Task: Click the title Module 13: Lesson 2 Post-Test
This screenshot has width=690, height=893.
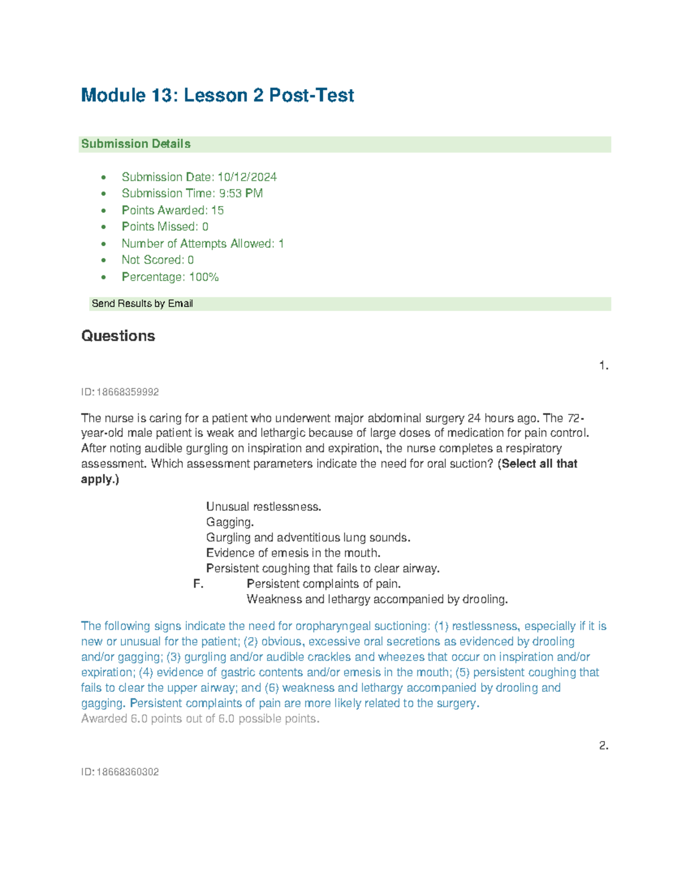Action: pyautogui.click(x=217, y=95)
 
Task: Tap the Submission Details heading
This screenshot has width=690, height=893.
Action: pyautogui.click(x=136, y=144)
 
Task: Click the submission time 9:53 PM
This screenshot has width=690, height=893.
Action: pyautogui.click(x=241, y=194)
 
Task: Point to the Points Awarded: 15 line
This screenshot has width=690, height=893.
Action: pyautogui.click(x=172, y=210)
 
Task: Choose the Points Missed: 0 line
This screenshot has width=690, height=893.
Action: pyautogui.click(x=165, y=227)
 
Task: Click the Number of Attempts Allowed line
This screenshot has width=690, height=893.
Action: pyautogui.click(x=202, y=244)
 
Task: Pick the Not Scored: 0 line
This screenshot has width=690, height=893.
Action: pyautogui.click(x=158, y=260)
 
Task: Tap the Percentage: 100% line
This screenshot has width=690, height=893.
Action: pyautogui.click(x=170, y=277)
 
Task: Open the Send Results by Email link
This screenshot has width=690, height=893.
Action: pyautogui.click(x=142, y=304)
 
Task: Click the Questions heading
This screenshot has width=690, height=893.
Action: pyautogui.click(x=118, y=336)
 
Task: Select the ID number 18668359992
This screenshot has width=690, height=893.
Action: pyautogui.click(x=127, y=392)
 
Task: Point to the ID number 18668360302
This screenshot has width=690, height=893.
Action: pyautogui.click(x=127, y=772)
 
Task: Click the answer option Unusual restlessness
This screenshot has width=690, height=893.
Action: pyautogui.click(x=263, y=507)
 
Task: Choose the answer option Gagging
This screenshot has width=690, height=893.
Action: pyautogui.click(x=230, y=523)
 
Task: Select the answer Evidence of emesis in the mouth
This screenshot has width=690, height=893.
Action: pyautogui.click(x=293, y=553)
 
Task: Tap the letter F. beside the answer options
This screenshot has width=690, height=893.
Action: pyautogui.click(x=198, y=584)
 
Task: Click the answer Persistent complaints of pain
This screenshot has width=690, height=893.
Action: pyautogui.click(x=324, y=584)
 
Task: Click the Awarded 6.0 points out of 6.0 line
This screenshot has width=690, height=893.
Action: pyautogui.click(x=200, y=719)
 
